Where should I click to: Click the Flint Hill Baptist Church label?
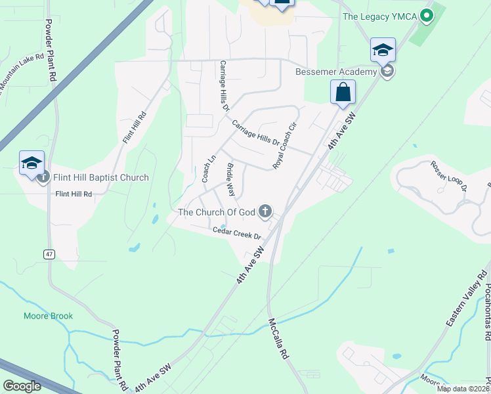point(100,177)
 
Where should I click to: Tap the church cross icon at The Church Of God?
point(265,211)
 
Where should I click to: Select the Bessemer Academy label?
point(335,72)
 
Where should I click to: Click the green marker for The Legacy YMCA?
point(427,15)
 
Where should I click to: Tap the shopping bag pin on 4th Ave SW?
point(343,93)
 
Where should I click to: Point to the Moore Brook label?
point(48,316)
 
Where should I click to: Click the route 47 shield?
point(49,253)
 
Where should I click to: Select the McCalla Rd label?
point(280,338)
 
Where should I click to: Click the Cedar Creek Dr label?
point(236,232)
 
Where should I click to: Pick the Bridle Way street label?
point(230,179)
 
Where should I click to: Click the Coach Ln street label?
point(209,169)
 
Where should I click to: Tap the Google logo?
point(22,386)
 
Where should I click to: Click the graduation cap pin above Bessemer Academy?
point(383,50)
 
